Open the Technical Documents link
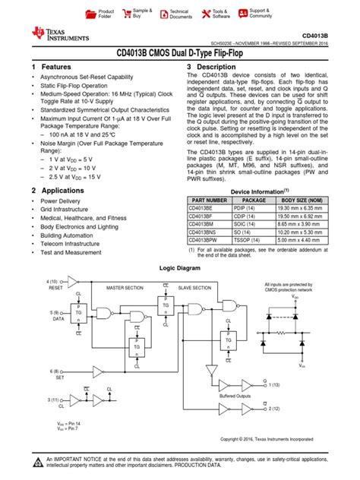click(180, 14)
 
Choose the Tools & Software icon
click(207, 14)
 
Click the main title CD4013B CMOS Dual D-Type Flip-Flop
click(180, 53)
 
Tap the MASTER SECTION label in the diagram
click(125, 288)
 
